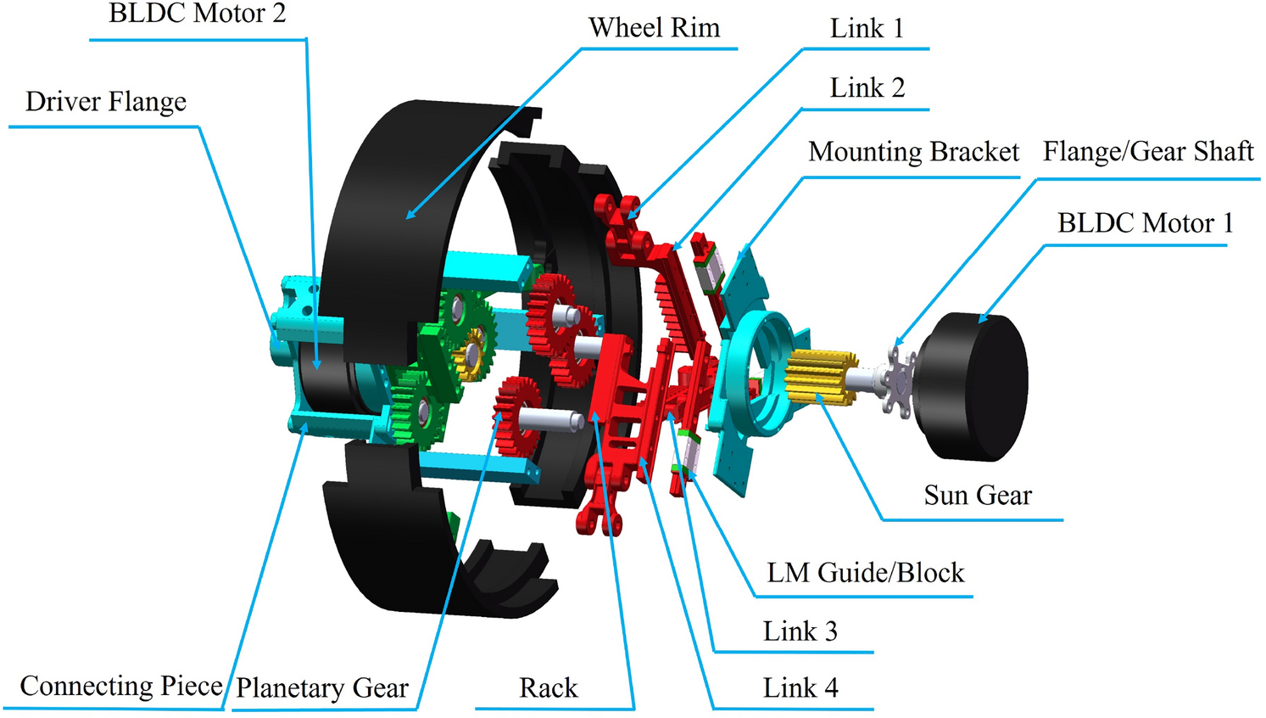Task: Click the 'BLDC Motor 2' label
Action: pos(197,14)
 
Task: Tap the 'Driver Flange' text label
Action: pos(106,102)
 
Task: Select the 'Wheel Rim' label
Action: pos(654,28)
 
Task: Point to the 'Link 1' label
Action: pos(867,29)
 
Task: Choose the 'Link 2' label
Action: pos(867,88)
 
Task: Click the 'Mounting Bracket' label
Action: pos(913,152)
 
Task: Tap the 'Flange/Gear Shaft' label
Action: pos(1147,152)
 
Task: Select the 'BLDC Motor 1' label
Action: pos(1145,223)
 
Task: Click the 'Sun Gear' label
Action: pos(978,495)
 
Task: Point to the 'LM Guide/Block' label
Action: pos(865,573)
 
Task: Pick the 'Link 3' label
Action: pos(800,631)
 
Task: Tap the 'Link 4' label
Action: pos(800,687)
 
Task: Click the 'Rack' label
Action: pos(548,687)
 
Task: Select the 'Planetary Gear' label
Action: pos(322,687)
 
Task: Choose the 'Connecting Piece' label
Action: pos(120,686)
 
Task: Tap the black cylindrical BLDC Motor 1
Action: pos(975,386)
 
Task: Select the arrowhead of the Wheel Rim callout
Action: pos(410,216)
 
